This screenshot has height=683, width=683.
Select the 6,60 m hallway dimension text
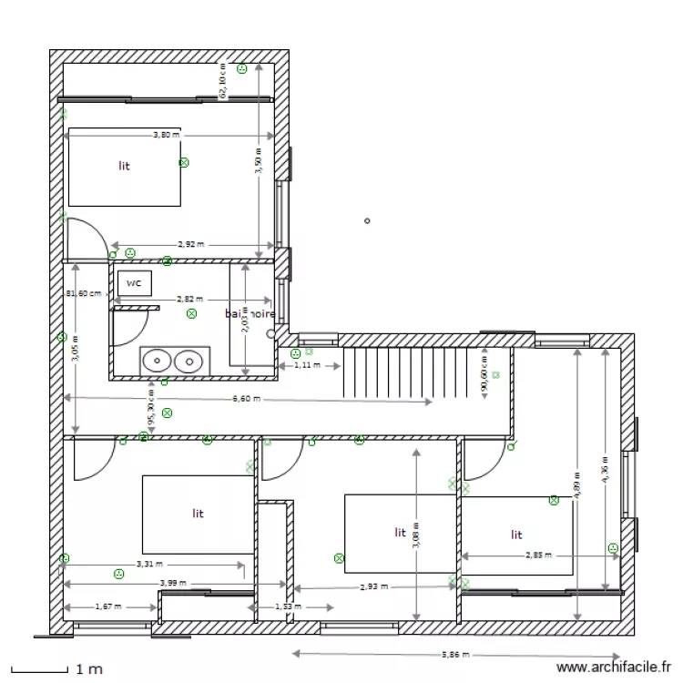(246, 399)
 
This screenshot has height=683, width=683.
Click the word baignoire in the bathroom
(250, 313)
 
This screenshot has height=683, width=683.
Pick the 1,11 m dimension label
(309, 365)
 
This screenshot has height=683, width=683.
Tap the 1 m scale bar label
(89, 669)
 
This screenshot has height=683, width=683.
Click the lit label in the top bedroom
(124, 166)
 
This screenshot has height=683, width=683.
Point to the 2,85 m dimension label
(538, 555)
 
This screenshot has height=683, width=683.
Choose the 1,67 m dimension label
(109, 606)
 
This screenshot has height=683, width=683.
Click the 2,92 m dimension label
(189, 245)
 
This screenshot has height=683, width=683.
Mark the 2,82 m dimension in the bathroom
(189, 299)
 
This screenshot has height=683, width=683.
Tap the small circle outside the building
(367, 220)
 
